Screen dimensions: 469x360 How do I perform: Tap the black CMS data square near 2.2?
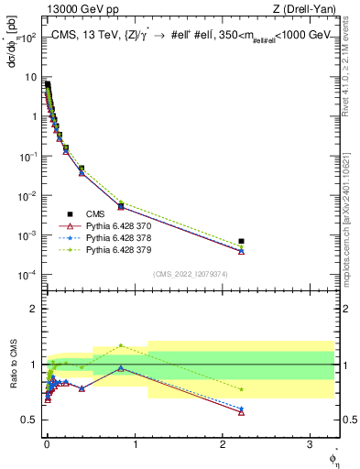click(x=241, y=241)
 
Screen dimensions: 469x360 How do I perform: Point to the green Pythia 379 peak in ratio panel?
click(x=121, y=345)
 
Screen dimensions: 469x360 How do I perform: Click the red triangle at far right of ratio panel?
click(x=241, y=412)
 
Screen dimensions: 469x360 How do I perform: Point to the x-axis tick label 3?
click(x=310, y=441)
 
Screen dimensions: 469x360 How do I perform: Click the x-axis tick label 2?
click(x=223, y=441)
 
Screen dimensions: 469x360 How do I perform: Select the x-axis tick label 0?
click(x=47, y=441)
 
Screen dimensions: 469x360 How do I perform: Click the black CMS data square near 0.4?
click(x=82, y=169)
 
